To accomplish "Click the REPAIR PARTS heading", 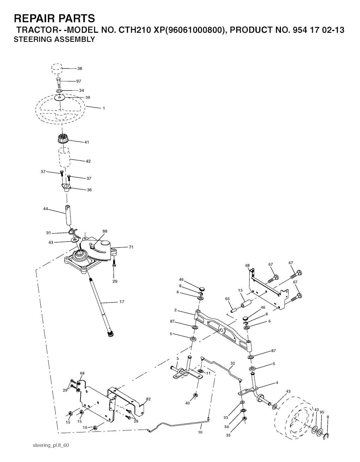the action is pos(54,18).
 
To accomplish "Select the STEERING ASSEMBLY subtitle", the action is pos(54,39).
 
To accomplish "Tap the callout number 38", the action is pos(80,69).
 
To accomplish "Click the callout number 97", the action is pos(79,81).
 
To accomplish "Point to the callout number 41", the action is pos(86,142).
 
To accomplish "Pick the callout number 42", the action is pos(88,162).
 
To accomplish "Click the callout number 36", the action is pos(89,190).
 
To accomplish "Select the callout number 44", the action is pos(45,209).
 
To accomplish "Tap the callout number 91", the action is pos(49,233).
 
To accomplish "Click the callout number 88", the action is pos(105,231).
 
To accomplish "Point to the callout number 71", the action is pos(131,247).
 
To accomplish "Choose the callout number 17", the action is pos(122,302).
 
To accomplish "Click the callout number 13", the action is pos(240,290).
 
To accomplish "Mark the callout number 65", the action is pos(227,299).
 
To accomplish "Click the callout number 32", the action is pos(233,363).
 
